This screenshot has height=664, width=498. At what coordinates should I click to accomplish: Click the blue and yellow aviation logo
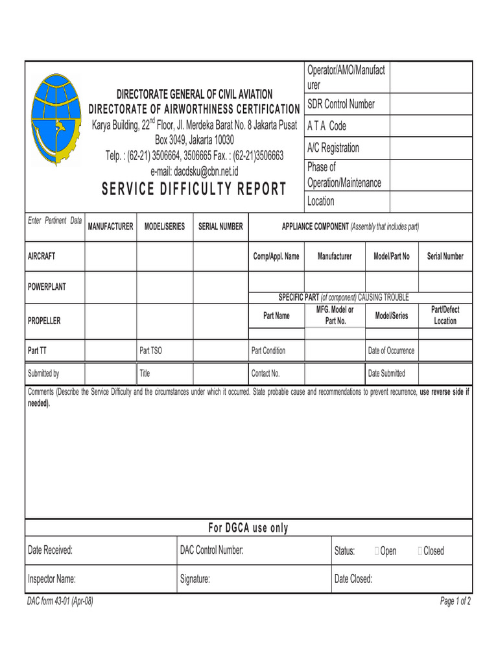56,120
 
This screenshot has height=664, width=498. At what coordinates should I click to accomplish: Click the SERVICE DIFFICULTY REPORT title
194,189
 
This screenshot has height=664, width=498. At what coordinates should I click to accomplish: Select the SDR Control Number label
340,104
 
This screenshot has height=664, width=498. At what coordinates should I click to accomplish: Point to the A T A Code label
327,126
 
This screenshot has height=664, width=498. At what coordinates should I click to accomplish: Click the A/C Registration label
333,148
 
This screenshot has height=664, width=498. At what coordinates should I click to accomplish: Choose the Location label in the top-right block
321,201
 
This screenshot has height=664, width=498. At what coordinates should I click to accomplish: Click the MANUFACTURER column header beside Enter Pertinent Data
110,226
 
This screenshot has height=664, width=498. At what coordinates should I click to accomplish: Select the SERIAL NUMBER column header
220,226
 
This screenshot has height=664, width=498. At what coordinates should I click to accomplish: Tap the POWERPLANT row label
47,287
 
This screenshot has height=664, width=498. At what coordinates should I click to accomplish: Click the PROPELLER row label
44,321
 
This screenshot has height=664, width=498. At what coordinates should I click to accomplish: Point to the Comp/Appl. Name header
276,256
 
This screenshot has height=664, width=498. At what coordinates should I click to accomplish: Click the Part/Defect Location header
445,316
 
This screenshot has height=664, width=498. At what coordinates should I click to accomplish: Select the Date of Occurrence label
391,351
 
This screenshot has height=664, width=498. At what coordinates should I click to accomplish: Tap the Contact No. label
265,373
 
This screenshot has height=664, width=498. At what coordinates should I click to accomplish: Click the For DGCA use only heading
248,528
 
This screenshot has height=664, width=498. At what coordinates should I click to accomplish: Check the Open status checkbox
377,551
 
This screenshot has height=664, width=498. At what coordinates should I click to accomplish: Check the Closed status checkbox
421,551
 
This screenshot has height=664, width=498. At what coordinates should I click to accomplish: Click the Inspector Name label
52,579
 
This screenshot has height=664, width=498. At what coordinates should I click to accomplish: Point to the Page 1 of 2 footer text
455,601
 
